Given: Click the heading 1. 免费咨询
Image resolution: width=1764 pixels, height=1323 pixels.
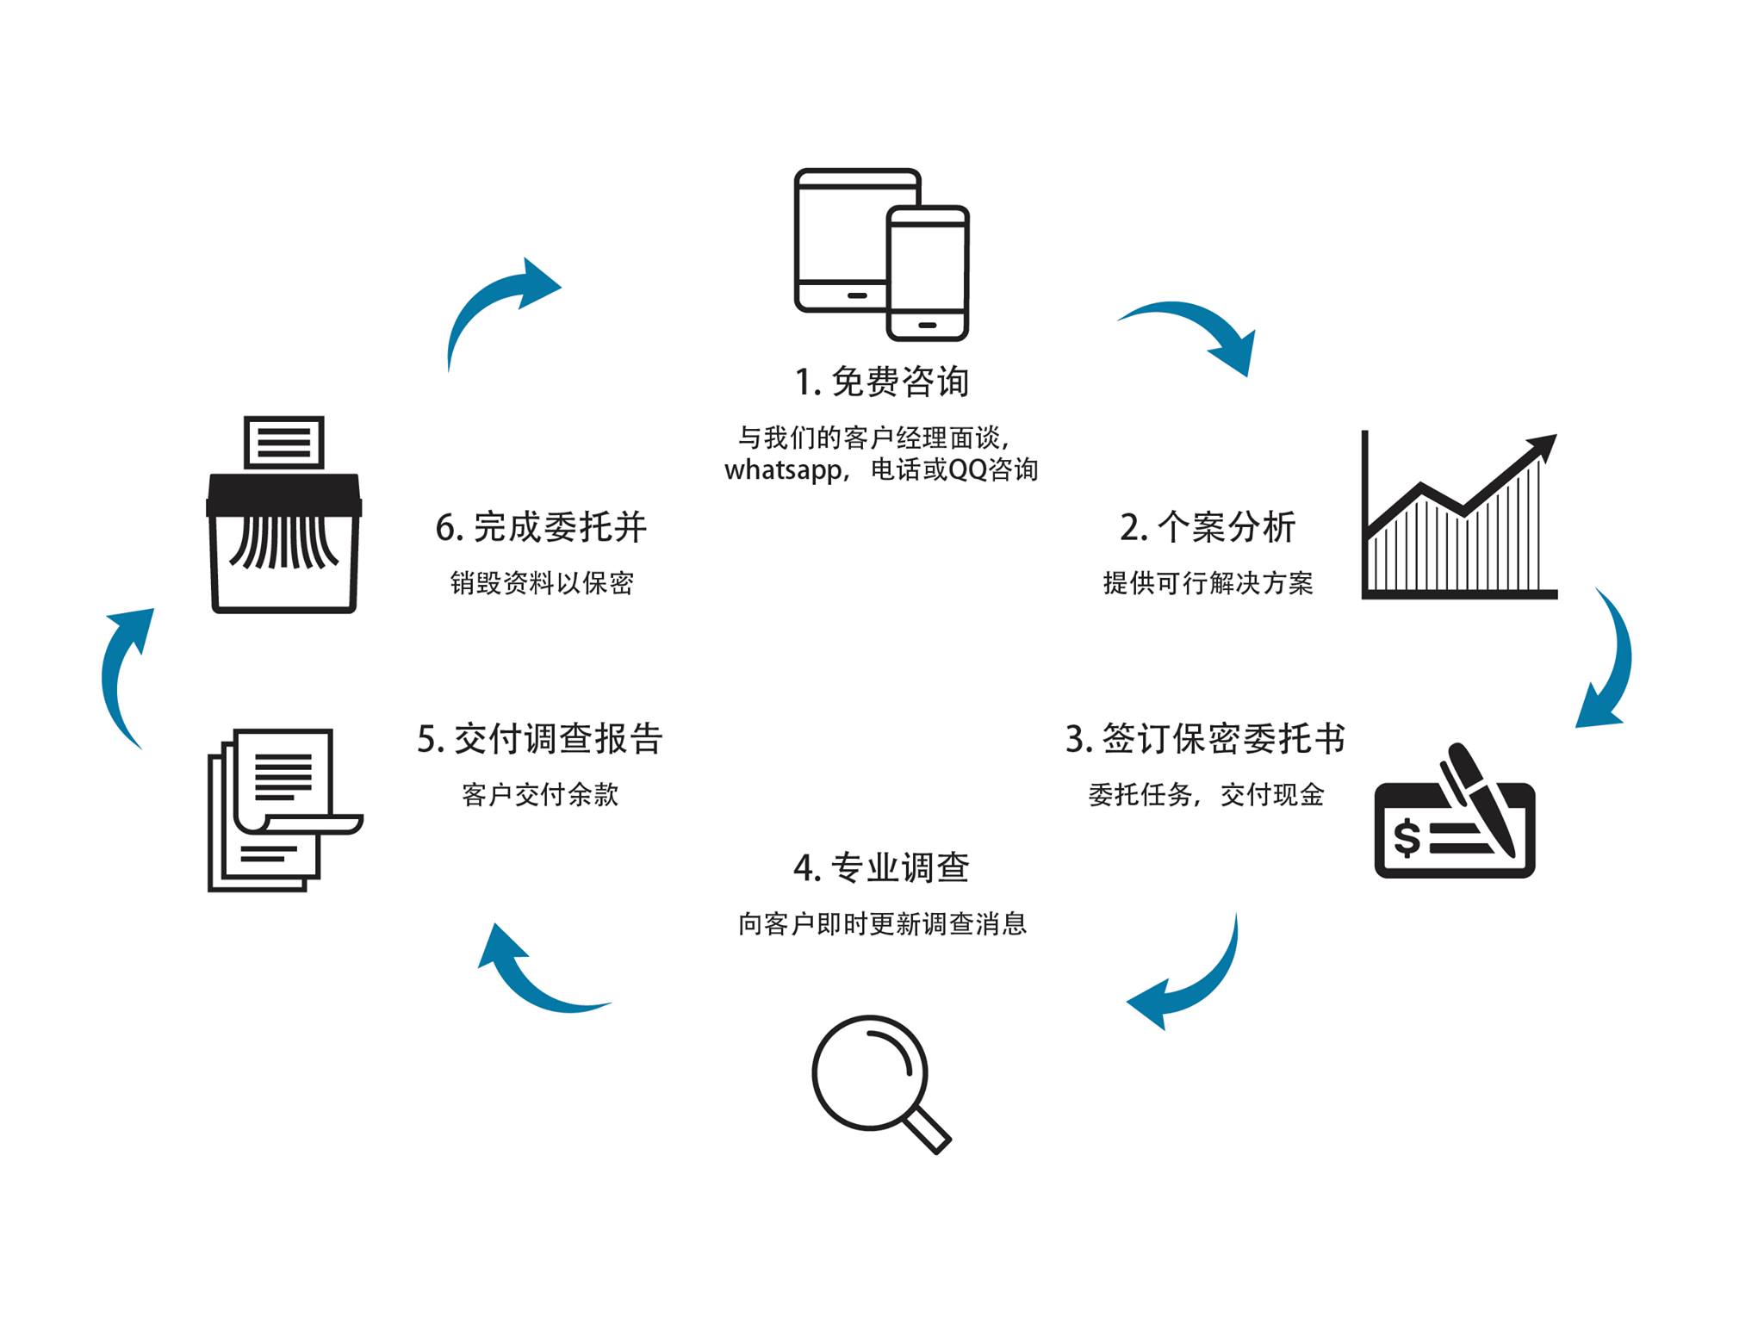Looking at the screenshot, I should click(x=881, y=382).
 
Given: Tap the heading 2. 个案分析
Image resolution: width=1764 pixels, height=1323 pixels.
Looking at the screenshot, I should click(x=1208, y=527).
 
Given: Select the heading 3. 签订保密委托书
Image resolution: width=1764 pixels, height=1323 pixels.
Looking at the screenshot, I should click(x=1204, y=739).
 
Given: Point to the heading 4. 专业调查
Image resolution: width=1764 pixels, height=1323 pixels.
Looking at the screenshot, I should click(x=881, y=867).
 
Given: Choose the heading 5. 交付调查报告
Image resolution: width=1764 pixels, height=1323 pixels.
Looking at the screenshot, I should click(x=540, y=739).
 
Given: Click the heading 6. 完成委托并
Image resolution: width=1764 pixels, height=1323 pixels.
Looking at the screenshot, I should click(x=541, y=527).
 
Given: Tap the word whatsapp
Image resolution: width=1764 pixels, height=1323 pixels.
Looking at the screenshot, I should click(x=782, y=471).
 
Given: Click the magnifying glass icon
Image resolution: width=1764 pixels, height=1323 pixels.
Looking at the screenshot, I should click(x=879, y=1081).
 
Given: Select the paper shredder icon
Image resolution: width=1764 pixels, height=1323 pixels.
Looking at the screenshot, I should click(x=283, y=517).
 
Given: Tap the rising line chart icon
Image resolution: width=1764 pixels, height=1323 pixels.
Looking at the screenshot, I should click(x=1458, y=517).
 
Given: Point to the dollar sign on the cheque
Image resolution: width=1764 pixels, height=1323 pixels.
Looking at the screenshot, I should click(x=1406, y=838).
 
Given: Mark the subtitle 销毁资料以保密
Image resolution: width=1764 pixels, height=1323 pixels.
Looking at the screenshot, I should click(x=541, y=583).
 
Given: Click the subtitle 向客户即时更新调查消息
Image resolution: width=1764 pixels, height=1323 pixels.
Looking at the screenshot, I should click(x=882, y=924).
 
